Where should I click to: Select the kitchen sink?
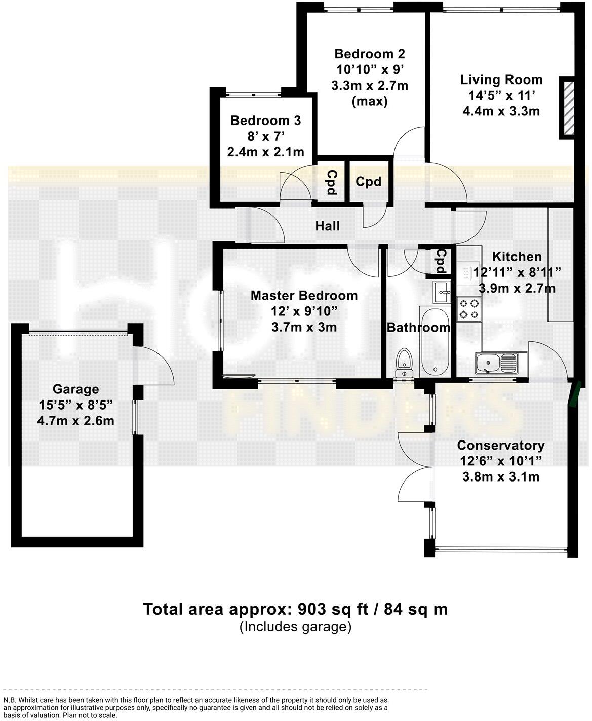tap(496, 363)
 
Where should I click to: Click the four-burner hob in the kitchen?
tap(468, 309)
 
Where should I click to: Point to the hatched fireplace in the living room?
tap(567, 107)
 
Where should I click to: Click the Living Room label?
tap(501, 79)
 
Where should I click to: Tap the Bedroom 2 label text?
tap(370, 54)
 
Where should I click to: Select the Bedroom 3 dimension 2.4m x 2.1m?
tap(265, 152)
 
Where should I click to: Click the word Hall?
tap(327, 226)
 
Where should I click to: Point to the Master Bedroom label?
tap(304, 295)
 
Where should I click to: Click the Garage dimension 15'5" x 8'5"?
tap(75, 405)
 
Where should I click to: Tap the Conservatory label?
tap(500, 445)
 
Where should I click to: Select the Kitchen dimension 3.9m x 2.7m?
tap(517, 288)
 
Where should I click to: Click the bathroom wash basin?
tap(442, 291)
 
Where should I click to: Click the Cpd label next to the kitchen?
tap(441, 261)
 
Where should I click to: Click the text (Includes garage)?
tap(295, 627)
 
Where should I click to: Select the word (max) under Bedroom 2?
tap(370, 101)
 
